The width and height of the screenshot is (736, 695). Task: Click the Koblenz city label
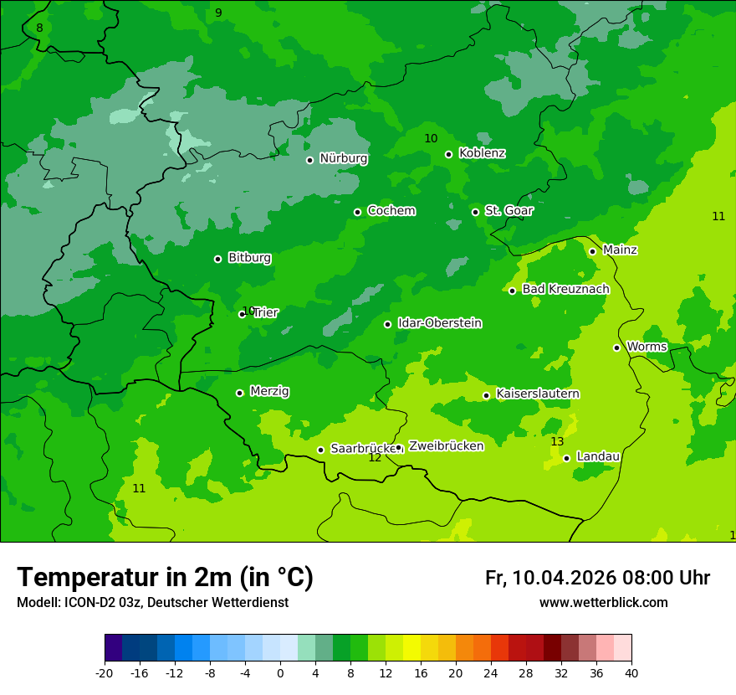coord(482,153)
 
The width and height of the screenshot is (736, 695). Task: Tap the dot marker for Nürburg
coord(309,160)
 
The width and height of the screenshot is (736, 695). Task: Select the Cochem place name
coord(391,211)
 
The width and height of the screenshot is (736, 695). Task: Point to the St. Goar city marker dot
coord(475,212)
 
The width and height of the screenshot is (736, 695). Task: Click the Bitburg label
coord(249,258)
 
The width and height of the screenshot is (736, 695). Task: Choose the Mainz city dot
coord(592,251)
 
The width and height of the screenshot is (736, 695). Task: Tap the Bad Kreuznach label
coord(565,290)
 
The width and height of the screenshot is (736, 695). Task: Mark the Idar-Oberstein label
coord(439,323)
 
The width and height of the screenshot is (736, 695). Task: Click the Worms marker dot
coord(616,347)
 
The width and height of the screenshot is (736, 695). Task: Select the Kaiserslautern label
coord(538,394)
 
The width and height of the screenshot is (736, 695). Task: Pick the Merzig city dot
coord(239,393)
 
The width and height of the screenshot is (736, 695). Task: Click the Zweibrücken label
coord(446,446)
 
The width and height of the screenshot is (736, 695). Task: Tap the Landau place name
coord(598,456)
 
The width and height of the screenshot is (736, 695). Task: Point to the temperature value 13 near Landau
coord(557,441)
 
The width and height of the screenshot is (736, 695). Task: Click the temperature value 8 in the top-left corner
coord(39,28)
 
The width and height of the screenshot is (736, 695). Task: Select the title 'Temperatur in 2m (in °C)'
coord(165,577)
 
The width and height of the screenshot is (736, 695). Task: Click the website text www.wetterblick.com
coord(603,602)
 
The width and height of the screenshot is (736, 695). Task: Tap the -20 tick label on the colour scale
coord(105,672)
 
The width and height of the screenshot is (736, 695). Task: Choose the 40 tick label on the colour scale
coord(631,672)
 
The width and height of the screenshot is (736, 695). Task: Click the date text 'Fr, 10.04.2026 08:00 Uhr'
coord(597,578)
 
